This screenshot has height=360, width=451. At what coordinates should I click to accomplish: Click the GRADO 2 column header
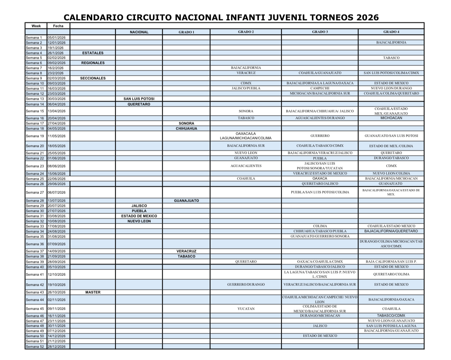click(246, 32)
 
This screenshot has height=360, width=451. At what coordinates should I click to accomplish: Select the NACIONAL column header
click(139, 32)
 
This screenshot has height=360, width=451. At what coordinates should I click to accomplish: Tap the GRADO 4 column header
click(391, 32)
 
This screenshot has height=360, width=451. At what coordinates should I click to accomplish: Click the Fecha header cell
click(58, 26)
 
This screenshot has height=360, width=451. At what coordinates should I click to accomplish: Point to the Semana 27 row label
click(35, 192)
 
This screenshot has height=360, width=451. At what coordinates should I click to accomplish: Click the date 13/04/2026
click(56, 111)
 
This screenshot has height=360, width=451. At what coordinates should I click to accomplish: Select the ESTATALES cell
click(93, 53)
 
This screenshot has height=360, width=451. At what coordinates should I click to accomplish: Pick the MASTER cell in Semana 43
click(93, 292)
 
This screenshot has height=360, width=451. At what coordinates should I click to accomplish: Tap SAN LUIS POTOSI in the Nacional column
click(139, 99)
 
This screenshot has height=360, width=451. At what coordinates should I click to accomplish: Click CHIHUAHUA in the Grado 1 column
click(186, 129)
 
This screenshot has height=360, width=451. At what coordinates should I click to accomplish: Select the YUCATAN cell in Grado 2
click(246, 309)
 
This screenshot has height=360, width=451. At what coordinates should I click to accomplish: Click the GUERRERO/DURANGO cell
click(246, 284)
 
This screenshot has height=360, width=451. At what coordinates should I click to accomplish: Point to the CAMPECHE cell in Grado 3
click(320, 88)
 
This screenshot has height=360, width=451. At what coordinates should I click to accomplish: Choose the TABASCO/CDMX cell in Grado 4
click(391, 316)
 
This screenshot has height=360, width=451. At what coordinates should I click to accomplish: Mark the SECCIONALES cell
click(93, 78)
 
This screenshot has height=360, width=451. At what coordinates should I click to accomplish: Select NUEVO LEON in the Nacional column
click(139, 221)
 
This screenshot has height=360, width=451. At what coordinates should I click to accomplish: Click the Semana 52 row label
click(35, 346)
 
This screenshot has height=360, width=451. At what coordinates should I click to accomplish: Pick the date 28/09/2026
click(56, 262)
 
